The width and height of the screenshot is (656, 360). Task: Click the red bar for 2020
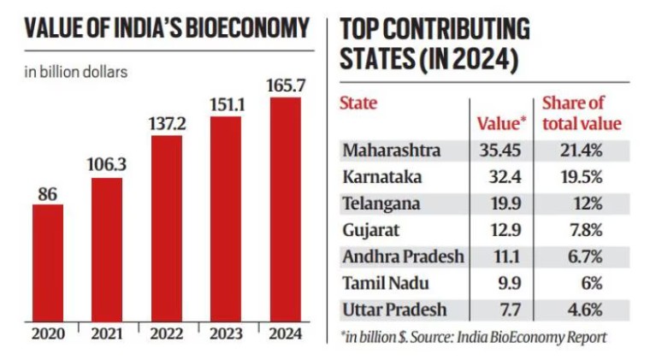[47, 263]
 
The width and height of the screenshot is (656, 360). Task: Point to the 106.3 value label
[107, 162]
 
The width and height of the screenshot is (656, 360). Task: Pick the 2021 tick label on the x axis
[107, 334]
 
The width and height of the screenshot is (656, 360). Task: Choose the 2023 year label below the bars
[226, 334]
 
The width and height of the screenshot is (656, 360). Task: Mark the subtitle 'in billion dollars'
[76, 72]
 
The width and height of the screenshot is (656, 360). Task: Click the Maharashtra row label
[392, 151]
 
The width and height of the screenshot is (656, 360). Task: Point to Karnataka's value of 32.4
[503, 178]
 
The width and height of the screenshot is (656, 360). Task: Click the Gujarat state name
[370, 230]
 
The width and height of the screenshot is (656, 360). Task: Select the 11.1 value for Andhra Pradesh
[503, 257]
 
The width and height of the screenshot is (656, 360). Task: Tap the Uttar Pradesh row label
[393, 310]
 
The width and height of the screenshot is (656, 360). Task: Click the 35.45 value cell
[503, 151]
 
